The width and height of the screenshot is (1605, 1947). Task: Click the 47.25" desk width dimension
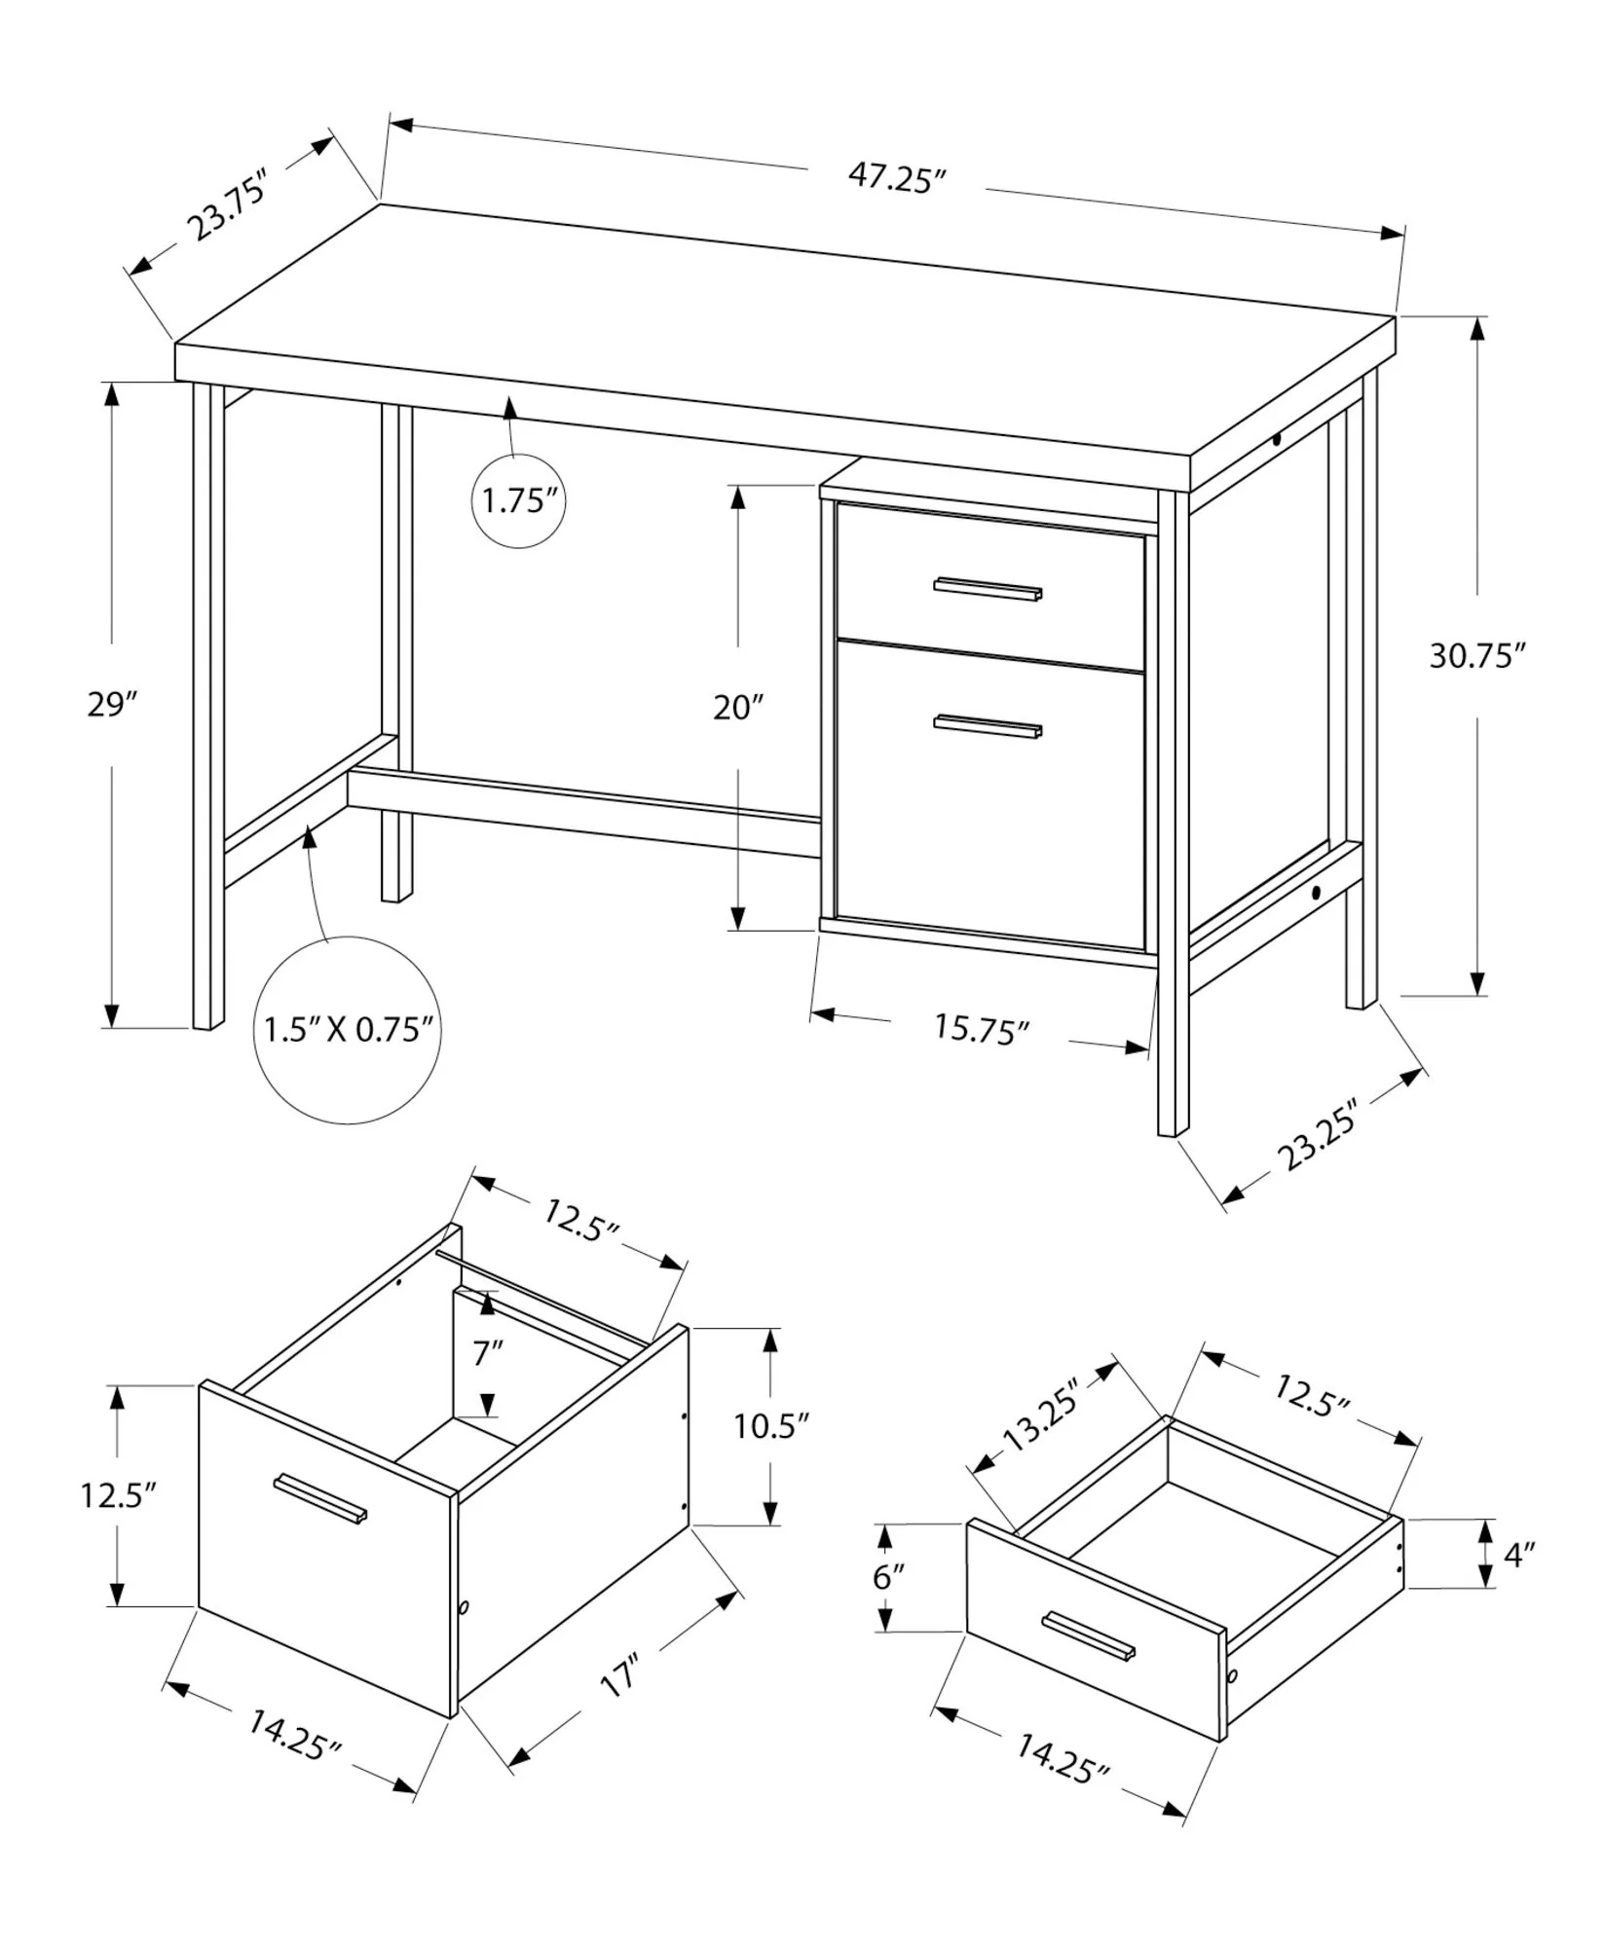897,178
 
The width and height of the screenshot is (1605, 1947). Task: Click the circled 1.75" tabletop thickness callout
518,502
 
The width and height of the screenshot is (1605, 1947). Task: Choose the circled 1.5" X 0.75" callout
348,1030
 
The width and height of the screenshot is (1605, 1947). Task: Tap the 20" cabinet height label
738,707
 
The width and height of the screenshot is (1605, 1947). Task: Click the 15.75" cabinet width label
982,1029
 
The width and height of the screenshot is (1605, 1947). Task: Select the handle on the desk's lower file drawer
988,725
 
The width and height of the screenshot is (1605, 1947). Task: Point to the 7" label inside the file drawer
488,1353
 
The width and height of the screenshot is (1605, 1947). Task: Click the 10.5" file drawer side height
771,1426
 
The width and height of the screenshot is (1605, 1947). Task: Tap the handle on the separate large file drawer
320,1497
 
